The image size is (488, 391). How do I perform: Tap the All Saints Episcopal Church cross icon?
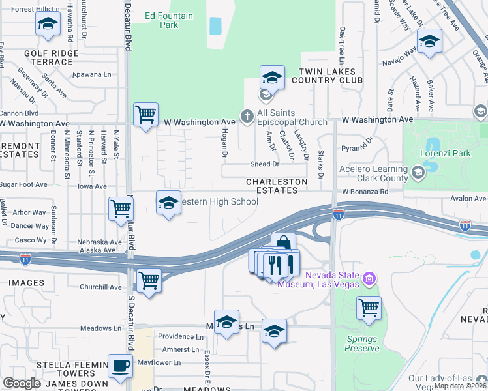(x=247, y=117)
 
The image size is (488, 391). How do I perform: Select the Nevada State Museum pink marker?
(x=369, y=280)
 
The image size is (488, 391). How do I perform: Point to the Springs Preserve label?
(x=363, y=343)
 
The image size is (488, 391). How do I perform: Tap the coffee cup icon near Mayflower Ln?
(x=119, y=367)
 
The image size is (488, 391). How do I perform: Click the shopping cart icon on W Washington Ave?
(x=145, y=114)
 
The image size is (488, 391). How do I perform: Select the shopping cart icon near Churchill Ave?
(x=149, y=280)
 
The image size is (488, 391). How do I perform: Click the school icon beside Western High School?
(x=168, y=203)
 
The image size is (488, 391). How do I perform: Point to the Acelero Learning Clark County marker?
(x=417, y=173)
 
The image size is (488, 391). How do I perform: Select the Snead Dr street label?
(x=265, y=165)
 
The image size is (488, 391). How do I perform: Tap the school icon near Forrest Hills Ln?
(x=47, y=25)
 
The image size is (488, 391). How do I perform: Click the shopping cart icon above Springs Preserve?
(x=369, y=306)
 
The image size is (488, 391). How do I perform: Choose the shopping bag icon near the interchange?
(x=283, y=244)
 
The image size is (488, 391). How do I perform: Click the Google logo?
(x=22, y=383)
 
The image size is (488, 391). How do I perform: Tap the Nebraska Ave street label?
(x=100, y=242)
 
